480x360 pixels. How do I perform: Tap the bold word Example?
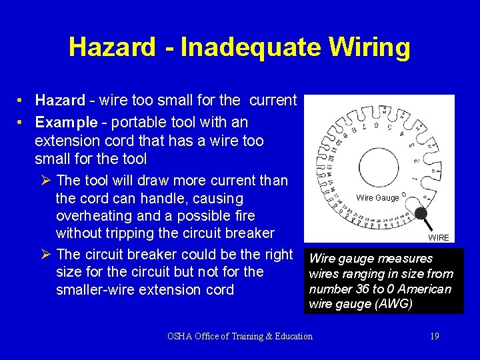[x=65, y=123]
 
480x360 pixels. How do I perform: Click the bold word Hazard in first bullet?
[x=61, y=101]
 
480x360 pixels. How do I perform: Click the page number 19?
[x=434, y=336]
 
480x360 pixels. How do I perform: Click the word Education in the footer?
[x=290, y=336]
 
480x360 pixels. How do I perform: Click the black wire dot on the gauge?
[x=421, y=213]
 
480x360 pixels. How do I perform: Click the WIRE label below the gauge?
[x=439, y=238]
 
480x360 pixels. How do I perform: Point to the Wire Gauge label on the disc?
[x=377, y=197]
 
